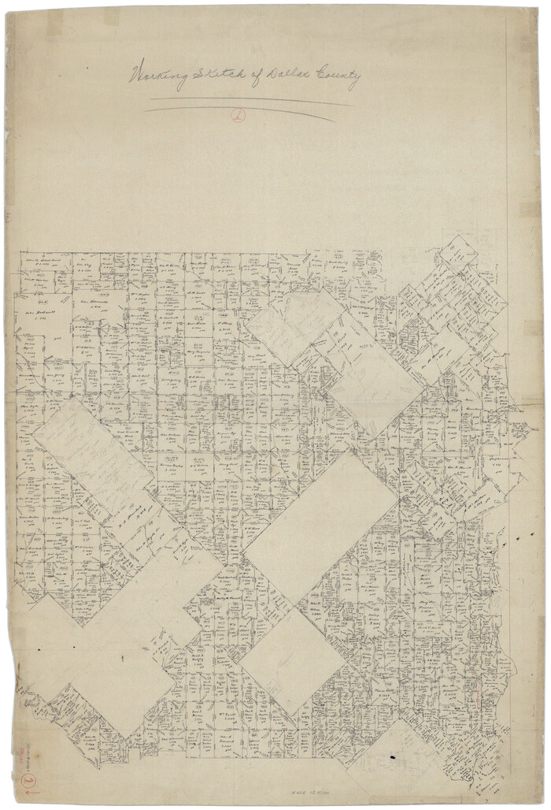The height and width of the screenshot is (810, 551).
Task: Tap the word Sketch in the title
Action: [x=220, y=76]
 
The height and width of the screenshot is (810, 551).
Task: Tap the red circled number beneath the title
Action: [x=238, y=115]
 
